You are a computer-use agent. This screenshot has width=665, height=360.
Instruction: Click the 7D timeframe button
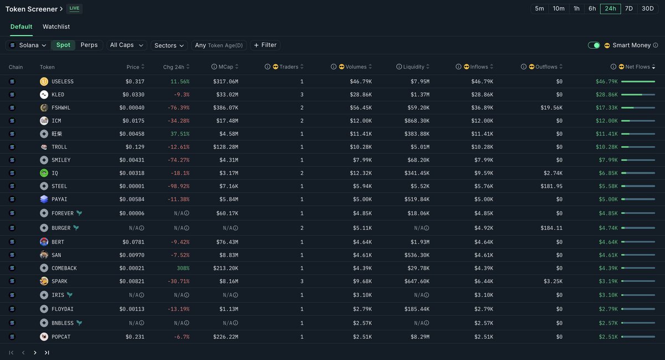click(x=629, y=9)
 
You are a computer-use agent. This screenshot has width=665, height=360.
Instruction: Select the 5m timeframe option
click(x=539, y=9)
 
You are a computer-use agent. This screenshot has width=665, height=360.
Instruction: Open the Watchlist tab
click(x=56, y=27)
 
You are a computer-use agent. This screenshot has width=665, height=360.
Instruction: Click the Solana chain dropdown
click(x=28, y=45)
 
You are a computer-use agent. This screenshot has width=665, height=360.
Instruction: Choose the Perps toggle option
click(x=89, y=45)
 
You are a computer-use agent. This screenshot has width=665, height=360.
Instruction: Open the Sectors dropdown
click(x=169, y=45)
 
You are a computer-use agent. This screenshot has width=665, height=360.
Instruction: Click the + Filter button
click(x=265, y=45)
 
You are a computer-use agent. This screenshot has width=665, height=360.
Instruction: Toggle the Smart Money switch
click(x=594, y=45)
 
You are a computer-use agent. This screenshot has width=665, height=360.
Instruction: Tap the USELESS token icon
click(x=44, y=81)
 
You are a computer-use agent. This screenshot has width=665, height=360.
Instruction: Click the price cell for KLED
click(x=134, y=95)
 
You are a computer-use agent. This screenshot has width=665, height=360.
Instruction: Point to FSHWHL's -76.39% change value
click(x=178, y=108)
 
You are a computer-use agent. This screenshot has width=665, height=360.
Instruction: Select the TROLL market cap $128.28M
click(x=226, y=147)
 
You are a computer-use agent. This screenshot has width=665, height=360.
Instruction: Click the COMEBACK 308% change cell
click(x=183, y=268)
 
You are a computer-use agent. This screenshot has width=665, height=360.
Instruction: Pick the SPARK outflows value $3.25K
click(x=553, y=281)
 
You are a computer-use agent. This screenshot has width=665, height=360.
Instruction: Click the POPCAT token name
click(x=61, y=337)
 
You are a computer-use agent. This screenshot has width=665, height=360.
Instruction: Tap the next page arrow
click(x=35, y=353)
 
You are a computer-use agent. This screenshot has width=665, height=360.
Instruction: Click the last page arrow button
click(x=47, y=353)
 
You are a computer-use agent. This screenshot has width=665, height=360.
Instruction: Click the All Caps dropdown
click(x=126, y=45)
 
